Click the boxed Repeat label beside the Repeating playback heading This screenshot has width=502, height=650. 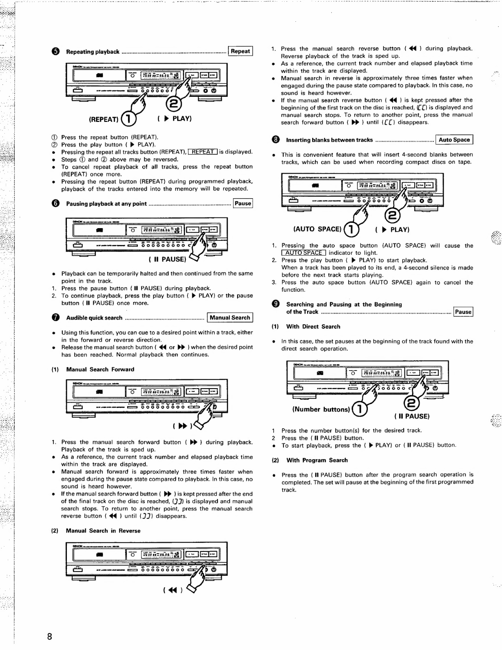click(240, 51)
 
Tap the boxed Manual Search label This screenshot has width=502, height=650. click(230, 318)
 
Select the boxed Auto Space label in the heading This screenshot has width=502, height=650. click(454, 140)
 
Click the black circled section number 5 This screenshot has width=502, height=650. click(56, 52)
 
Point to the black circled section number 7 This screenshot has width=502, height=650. click(56, 318)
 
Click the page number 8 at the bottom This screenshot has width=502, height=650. click(50, 636)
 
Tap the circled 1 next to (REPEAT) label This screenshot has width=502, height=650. click(128, 119)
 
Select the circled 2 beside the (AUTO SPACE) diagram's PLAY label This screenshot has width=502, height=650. click(392, 216)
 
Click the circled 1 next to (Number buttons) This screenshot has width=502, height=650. click(360, 409)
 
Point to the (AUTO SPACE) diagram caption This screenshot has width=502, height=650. click(317, 229)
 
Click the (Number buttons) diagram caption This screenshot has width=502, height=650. click(321, 409)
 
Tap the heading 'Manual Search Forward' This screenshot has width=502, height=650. click(100, 369)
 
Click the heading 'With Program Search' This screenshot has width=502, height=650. click(317, 460)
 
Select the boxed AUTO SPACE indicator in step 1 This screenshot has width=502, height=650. click(303, 253)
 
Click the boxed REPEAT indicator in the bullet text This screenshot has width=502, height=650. click(203, 152)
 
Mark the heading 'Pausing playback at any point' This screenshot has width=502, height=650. click(106, 204)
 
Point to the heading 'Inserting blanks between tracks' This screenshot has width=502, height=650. click(329, 140)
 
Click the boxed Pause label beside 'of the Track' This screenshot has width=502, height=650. click(463, 312)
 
